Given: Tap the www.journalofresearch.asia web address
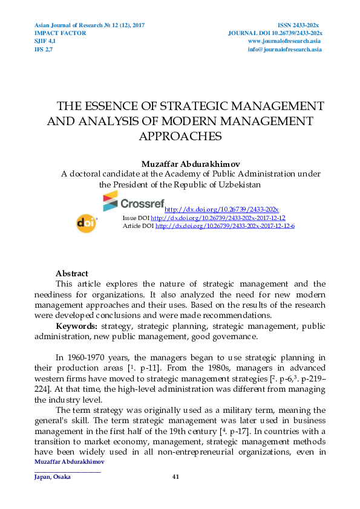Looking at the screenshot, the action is tap(284, 41).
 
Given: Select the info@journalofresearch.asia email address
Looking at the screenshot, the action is tap(284, 49).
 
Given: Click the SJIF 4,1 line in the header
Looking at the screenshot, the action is tap(45, 41).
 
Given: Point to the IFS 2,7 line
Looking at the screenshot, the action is tap(43, 49).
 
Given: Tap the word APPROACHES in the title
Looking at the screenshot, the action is tap(180, 136).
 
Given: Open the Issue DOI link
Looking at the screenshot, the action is tap(218, 218).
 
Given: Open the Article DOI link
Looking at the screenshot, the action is tap(224, 225).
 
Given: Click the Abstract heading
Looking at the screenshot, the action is tap(71, 274).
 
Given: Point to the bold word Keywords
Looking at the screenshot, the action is tap(75, 326).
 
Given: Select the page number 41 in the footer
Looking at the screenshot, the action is tap(176, 477).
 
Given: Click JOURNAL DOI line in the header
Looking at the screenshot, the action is tap(275, 33).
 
